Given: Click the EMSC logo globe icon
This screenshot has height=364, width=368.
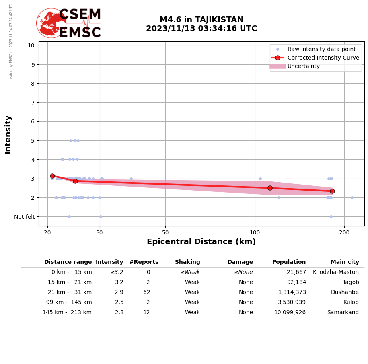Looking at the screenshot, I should point(51,23).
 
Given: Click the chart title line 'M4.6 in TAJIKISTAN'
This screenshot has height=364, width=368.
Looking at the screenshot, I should point(201,20).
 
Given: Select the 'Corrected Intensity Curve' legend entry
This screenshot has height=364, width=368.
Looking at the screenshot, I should point(323,58).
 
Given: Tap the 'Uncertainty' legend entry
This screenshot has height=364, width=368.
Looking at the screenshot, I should point(303,66).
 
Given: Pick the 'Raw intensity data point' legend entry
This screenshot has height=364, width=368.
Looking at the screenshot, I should point(321,49).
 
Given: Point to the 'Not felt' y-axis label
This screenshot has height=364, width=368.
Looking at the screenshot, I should point(24,217).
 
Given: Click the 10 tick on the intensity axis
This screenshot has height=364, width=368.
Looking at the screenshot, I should point(31,45).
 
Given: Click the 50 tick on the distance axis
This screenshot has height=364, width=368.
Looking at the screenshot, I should point(165,232).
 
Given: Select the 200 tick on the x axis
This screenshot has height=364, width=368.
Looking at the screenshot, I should point(344,232).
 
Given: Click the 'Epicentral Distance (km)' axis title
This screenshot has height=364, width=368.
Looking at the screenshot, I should point(201,242).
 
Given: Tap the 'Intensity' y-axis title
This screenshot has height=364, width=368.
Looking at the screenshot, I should point(8,134).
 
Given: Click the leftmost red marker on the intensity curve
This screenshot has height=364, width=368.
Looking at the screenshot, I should point(52,176).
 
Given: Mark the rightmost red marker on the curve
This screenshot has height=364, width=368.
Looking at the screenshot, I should point(332,191).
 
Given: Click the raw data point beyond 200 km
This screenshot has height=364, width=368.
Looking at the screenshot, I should point(352,197).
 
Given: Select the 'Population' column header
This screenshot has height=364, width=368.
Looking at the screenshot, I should point(289,262).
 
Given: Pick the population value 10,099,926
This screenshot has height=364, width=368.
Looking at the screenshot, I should point(290,313).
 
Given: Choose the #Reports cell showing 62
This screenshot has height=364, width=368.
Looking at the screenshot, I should point(146,292).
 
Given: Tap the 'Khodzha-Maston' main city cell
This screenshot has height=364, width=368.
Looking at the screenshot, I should point(336,272).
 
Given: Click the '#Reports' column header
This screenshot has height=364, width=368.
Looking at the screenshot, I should point(144,262).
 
